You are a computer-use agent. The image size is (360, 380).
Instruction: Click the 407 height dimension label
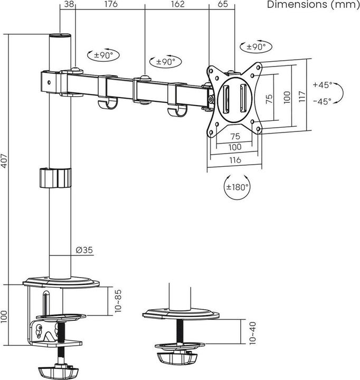point(5,159)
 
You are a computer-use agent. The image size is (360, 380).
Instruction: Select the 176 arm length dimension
point(110,5)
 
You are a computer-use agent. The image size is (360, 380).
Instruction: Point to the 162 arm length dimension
point(177,5)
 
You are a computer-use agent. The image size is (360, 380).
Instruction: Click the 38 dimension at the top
point(68,5)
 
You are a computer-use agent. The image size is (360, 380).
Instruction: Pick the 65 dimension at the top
point(222,5)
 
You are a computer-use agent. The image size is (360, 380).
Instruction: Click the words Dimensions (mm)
point(312,5)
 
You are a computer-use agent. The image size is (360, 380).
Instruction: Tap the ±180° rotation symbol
point(238,186)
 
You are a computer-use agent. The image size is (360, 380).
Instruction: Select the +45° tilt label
point(322,84)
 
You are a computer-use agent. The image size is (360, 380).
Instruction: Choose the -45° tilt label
point(322,101)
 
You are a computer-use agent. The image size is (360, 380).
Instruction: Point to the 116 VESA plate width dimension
point(235,160)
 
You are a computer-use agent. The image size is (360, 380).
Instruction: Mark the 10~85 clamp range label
point(119,300)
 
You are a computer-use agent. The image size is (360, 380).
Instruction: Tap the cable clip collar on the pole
point(54,177)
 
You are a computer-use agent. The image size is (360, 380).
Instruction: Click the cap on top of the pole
point(60,37)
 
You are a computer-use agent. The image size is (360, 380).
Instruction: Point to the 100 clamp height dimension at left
point(5,316)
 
